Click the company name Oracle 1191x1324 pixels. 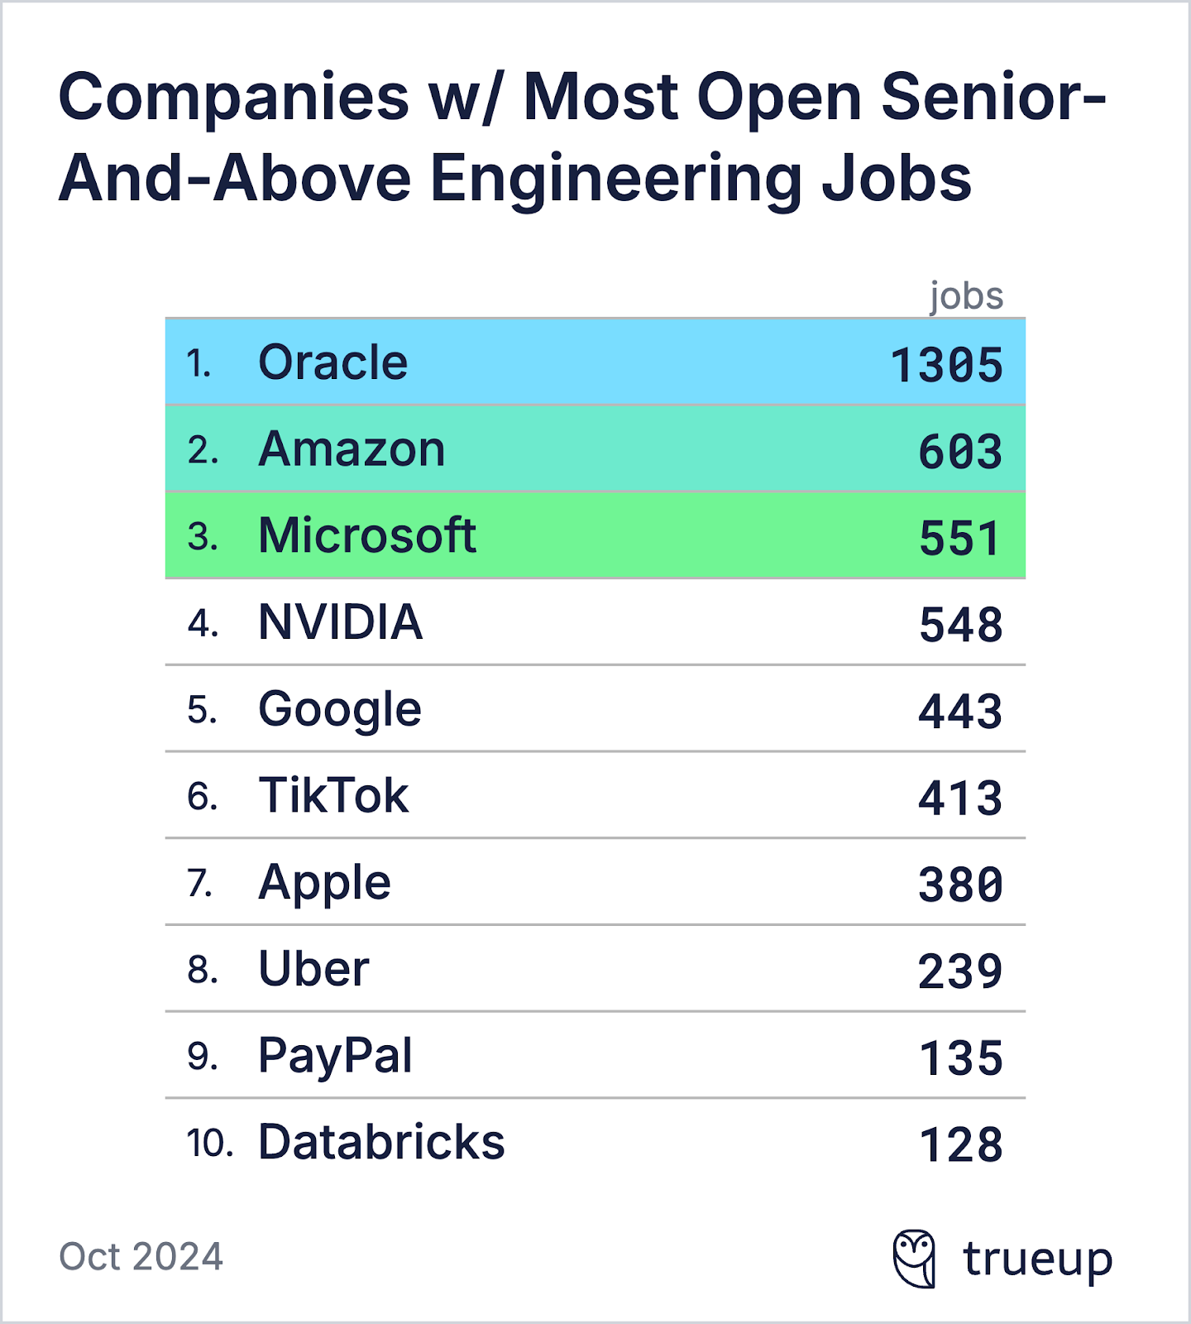(x=332, y=362)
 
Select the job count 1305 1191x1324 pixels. (x=946, y=365)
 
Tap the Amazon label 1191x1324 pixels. (x=352, y=449)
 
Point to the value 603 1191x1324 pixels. (x=960, y=452)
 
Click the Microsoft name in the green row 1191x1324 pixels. (x=366, y=535)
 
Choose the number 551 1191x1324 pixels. (x=960, y=539)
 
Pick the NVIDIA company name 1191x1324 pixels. (x=340, y=622)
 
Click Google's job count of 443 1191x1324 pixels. (x=960, y=712)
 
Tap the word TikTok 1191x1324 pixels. (x=333, y=796)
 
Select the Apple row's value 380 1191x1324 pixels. (x=960, y=885)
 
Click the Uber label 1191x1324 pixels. (x=313, y=969)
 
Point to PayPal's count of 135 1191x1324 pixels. (x=961, y=1058)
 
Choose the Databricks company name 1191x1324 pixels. (x=381, y=1143)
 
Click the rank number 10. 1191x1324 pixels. (x=209, y=1144)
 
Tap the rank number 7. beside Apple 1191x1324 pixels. (x=200, y=883)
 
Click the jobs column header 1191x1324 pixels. (x=966, y=296)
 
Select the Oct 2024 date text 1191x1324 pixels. (x=141, y=1257)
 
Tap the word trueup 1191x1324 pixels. (x=1037, y=1260)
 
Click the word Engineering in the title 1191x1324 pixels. (x=616, y=179)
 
